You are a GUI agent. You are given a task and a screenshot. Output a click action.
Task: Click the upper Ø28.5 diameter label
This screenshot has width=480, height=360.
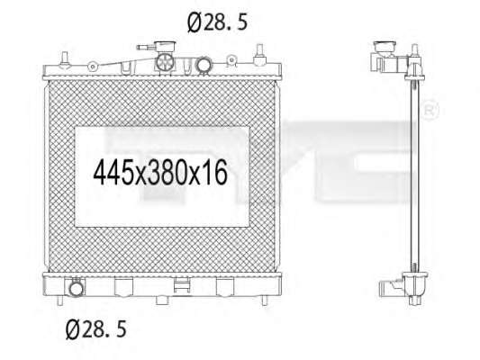(217, 22)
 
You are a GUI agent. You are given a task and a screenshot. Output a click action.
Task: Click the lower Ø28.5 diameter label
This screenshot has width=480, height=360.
(95, 329)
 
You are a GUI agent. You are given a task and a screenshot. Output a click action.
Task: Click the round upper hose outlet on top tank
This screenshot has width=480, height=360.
(204, 65)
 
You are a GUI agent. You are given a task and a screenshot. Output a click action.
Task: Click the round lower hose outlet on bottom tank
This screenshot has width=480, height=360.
(76, 288)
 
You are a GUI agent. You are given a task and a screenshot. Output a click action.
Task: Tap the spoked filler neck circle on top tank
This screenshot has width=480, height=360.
(166, 62)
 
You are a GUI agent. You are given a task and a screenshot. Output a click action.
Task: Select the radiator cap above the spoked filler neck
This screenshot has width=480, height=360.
(165, 46)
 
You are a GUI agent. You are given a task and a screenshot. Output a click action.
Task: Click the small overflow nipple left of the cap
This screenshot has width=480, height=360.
(145, 48)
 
